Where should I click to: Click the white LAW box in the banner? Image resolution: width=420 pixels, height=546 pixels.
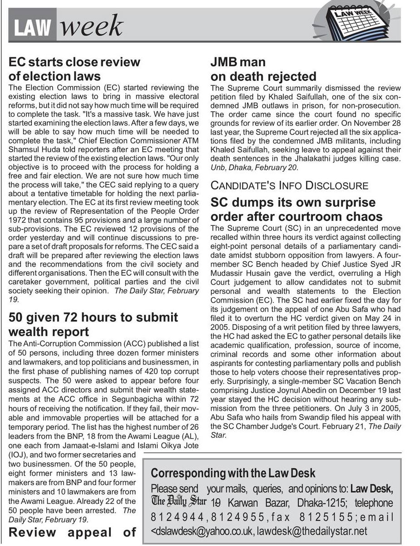coord(32,29)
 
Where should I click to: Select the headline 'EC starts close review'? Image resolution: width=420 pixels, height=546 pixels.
coord(74,62)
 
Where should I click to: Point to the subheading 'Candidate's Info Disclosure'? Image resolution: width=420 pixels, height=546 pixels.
coord(289,185)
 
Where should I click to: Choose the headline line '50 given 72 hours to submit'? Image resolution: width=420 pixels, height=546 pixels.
coord(93,317)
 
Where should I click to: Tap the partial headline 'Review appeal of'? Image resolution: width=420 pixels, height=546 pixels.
coord(73,532)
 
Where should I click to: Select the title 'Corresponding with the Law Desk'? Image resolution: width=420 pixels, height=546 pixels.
coord(233,473)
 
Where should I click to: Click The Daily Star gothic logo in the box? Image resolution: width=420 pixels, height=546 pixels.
coord(179,502)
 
